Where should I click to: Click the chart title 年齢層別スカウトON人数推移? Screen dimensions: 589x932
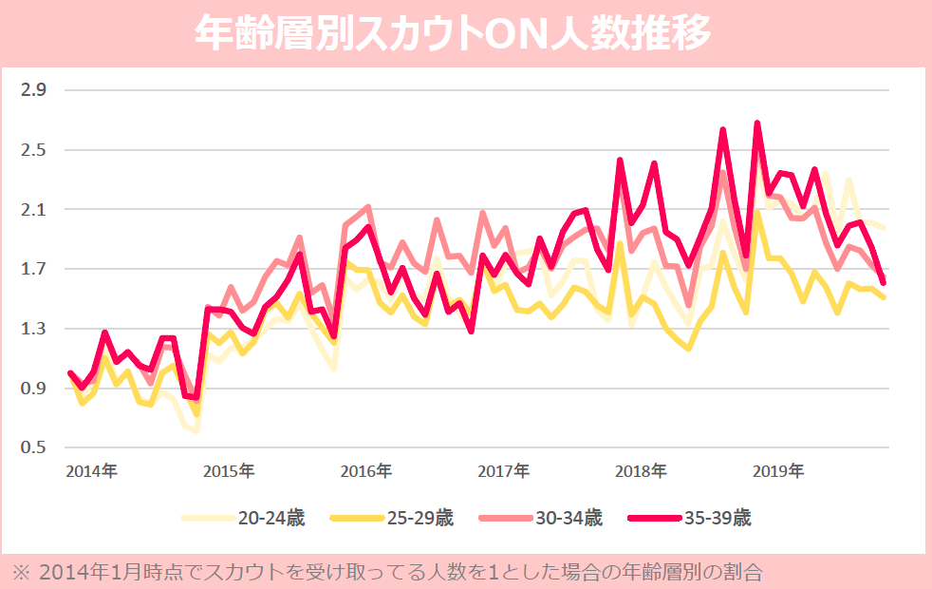(453, 33)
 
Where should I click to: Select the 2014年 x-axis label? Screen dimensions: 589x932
(92, 471)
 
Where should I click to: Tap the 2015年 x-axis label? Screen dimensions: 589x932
(229, 471)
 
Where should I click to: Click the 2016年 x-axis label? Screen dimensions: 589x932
(366, 471)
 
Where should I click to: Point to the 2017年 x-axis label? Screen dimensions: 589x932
(503, 471)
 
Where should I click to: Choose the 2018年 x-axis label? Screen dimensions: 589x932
(641, 471)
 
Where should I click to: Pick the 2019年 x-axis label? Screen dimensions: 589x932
(777, 471)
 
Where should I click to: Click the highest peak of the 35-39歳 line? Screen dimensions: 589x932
(757, 123)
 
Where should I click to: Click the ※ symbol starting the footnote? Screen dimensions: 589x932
(20, 572)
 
